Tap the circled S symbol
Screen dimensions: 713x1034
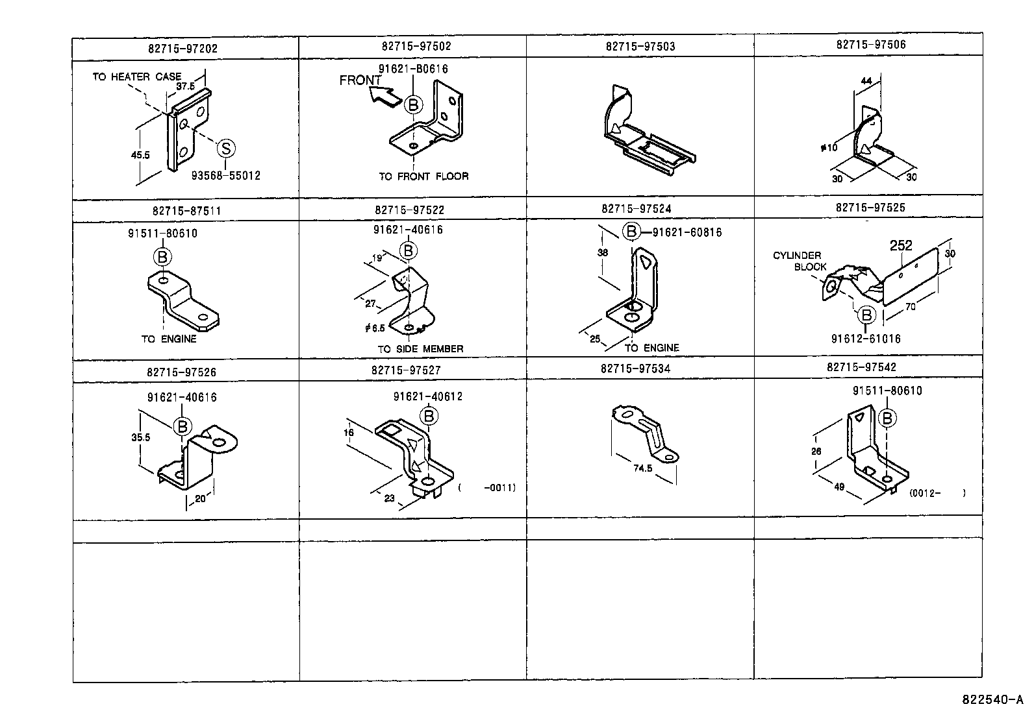(x=225, y=148)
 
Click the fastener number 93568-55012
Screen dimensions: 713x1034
(x=225, y=175)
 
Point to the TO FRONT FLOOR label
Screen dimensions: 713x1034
(x=423, y=176)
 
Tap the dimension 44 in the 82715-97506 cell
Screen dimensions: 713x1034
(x=866, y=80)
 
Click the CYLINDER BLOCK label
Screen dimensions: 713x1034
(x=798, y=261)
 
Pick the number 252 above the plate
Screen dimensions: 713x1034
(x=901, y=245)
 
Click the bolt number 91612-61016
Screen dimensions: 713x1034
(x=866, y=338)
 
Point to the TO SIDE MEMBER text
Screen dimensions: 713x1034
(x=421, y=348)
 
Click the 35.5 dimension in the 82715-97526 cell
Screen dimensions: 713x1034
(x=140, y=437)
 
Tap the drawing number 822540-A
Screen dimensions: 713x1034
(x=991, y=700)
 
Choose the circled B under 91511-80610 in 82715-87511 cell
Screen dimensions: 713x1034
(x=162, y=257)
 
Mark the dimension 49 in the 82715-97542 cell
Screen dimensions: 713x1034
(x=839, y=487)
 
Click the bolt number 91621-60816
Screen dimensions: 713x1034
(x=687, y=232)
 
